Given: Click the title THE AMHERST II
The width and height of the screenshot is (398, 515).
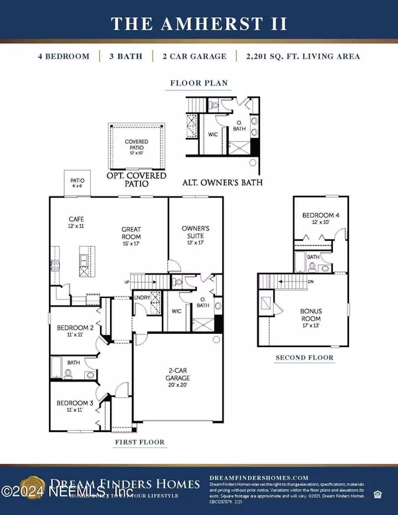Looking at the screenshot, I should pos(199,24).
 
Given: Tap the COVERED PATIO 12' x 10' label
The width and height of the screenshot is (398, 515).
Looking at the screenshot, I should pos(137,145).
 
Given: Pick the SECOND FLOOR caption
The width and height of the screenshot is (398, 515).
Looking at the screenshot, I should pos(304,358).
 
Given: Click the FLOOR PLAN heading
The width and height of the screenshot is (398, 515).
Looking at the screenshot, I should pos(199,84).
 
